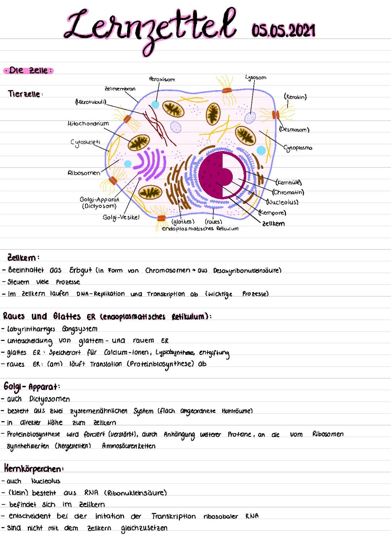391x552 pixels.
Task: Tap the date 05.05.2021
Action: click(283, 30)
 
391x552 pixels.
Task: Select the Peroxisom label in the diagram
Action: click(162, 79)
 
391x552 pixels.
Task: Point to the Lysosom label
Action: click(256, 77)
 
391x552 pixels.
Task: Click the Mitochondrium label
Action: click(88, 124)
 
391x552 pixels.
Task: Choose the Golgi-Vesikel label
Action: click(121, 217)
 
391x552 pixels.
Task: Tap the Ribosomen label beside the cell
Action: click(84, 173)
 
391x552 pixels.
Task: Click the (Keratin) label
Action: click(295, 97)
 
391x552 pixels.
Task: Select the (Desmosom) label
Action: click(294, 129)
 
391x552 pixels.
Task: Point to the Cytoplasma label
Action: click(298, 148)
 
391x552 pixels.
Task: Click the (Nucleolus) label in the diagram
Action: click(282, 202)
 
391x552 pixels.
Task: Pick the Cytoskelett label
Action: click(85, 142)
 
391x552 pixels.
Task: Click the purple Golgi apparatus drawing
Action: click(148, 164)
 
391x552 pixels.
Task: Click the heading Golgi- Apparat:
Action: click(32, 386)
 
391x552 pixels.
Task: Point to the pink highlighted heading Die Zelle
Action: click(28, 70)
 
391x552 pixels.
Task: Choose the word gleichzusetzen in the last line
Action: click(144, 528)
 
